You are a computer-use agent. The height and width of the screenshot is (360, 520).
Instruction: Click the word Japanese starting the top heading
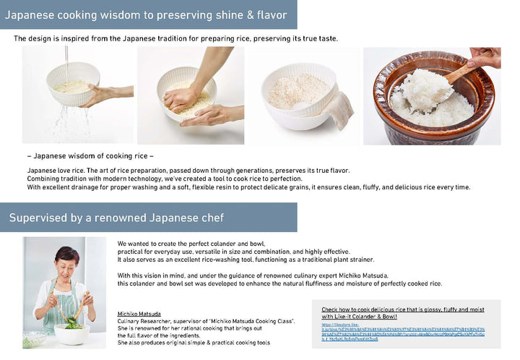pyautogui.click(x=32, y=14)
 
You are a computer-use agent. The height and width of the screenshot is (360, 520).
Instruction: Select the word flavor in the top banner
pyautogui.click(x=269, y=14)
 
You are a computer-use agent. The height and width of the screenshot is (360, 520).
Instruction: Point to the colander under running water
pyautogui.click(x=73, y=84)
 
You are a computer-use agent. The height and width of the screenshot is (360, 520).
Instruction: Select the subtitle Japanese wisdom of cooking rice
pyautogui.click(x=90, y=156)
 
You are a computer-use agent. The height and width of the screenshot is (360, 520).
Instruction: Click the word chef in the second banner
pyautogui.click(x=210, y=218)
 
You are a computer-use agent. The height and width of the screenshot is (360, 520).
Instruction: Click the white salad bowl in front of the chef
pyautogui.click(x=72, y=333)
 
